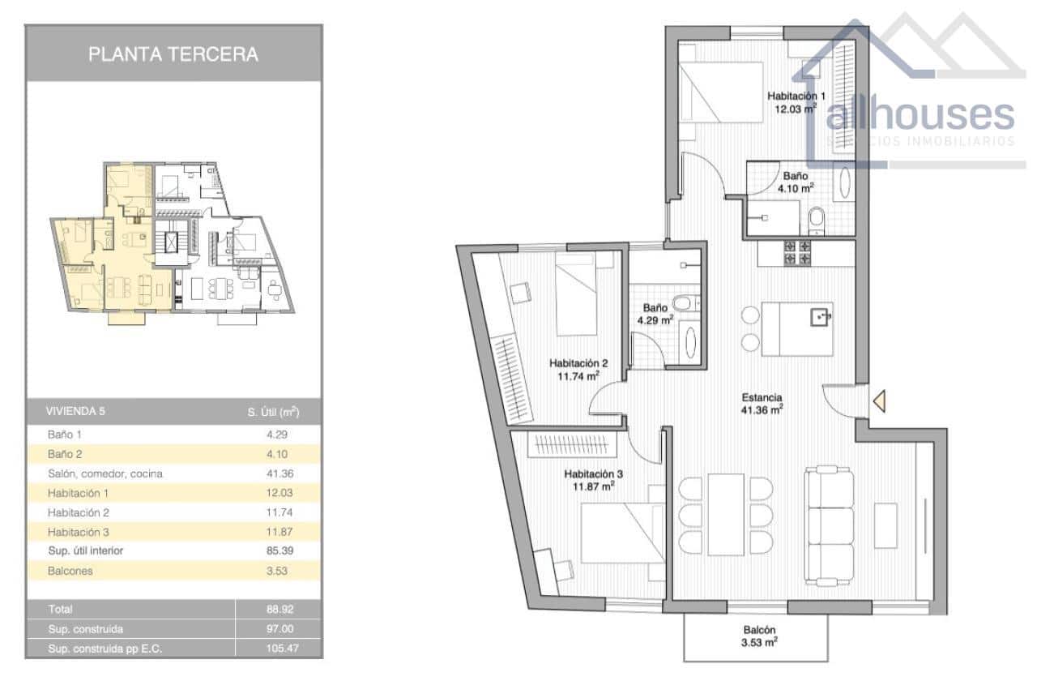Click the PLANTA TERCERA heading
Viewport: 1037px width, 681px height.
pos(173,54)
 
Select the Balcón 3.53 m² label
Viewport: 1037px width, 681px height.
pos(759,636)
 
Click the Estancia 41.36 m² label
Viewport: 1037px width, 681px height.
pos(762,404)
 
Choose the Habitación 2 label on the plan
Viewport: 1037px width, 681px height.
pos(578,369)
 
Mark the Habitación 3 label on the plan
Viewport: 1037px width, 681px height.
pos(593,479)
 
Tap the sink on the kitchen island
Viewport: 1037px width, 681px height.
pos(821,315)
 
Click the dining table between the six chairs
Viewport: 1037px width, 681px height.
pos(725,514)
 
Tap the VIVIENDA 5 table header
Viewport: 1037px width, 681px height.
pos(75,411)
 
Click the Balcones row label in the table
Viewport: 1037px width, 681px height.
pos(70,571)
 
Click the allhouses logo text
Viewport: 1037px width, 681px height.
pos(920,115)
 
